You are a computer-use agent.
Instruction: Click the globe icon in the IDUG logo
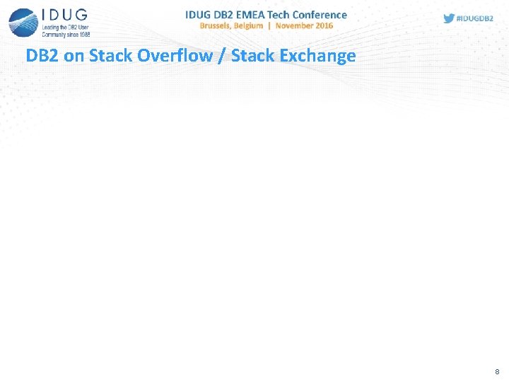pyautogui.click(x=23, y=22)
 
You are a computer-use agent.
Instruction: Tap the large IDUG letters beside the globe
pyautogui.click(x=64, y=15)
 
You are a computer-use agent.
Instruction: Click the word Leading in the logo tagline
pyautogui.click(x=51, y=28)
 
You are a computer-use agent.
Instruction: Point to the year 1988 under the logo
pyautogui.click(x=83, y=33)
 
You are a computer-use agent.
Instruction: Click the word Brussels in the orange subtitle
pyautogui.click(x=218, y=25)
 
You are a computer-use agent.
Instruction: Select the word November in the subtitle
pyautogui.click(x=294, y=25)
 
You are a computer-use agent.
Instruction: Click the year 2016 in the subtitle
pyautogui.click(x=324, y=25)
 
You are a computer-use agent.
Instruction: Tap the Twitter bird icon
pyautogui.click(x=449, y=18)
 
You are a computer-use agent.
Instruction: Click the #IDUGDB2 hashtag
pyautogui.click(x=475, y=18)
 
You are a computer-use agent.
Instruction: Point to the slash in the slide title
pyautogui.click(x=223, y=56)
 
